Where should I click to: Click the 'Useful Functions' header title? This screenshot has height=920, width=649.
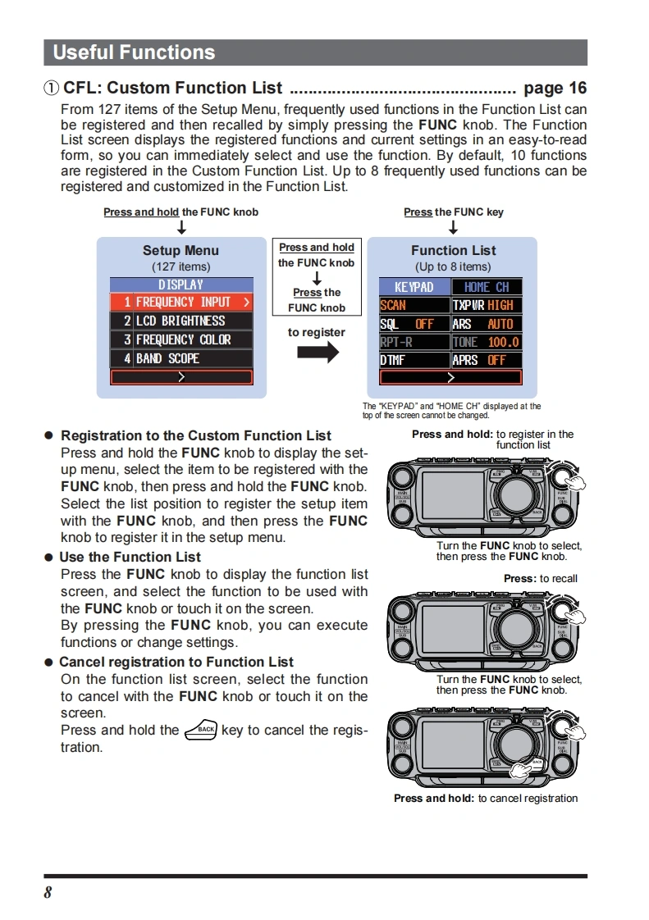(134, 52)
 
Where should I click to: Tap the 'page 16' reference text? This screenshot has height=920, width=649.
(555, 88)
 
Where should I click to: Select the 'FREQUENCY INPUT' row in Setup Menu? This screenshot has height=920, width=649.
(181, 302)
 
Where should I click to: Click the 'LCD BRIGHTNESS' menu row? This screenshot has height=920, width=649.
(181, 321)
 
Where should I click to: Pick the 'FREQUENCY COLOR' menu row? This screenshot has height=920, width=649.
(181, 339)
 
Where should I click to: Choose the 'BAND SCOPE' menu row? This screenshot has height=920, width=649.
(181, 358)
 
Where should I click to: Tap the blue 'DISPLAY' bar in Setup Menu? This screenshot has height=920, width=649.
(181, 285)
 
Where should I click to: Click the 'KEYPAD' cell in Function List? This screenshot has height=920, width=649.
(414, 287)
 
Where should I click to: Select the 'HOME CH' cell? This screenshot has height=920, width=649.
(487, 287)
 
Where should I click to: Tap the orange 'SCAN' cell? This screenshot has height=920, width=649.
(414, 305)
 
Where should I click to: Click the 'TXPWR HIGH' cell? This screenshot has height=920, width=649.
(487, 305)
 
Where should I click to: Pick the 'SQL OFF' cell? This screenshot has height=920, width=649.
(414, 324)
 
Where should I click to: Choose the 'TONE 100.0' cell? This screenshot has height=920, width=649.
(487, 342)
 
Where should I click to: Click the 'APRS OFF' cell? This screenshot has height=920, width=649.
(487, 360)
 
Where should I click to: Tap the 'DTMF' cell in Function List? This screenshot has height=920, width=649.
(414, 360)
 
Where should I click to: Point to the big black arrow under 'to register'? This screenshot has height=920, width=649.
(317, 353)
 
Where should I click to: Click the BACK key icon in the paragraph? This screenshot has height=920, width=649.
(200, 729)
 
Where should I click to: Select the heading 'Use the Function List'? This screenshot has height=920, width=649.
(130, 557)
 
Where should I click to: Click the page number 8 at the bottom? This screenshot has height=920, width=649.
(48, 893)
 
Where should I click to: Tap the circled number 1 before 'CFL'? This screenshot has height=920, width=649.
(52, 89)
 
